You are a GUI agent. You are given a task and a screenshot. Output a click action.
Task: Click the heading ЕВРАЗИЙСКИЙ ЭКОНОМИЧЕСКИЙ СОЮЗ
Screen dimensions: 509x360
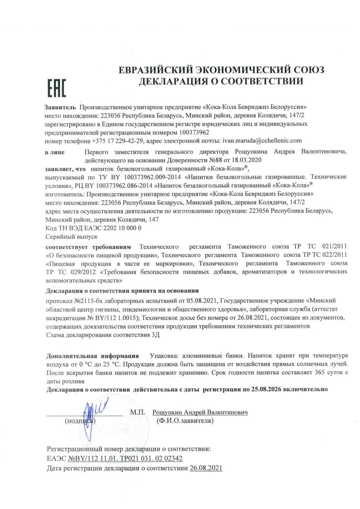pos(221,71)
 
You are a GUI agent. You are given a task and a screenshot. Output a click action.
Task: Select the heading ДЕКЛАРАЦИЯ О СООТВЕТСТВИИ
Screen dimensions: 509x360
pos(221,82)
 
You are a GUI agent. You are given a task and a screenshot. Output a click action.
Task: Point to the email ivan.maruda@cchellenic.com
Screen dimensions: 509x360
pos(262,141)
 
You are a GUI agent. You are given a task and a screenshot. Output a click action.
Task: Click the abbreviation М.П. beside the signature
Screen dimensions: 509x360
pos(137,413)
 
